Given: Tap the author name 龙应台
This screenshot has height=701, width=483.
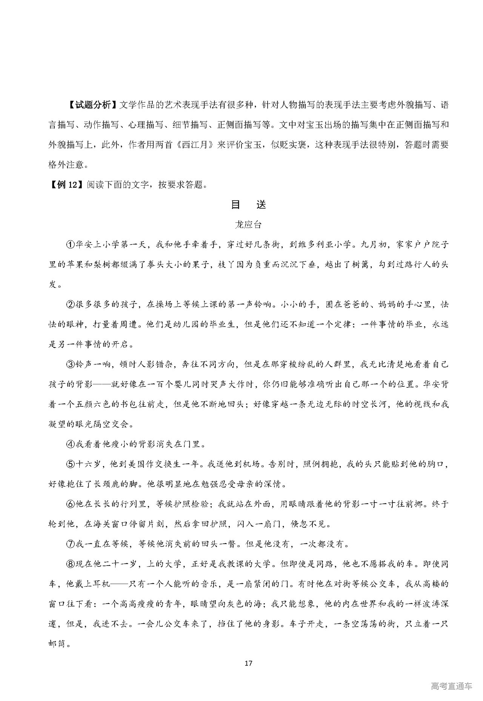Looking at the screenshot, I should tap(248, 224).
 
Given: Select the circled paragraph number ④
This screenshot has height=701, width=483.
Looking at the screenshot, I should tap(71, 444).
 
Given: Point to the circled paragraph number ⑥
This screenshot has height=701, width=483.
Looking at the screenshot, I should tap(71, 504).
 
